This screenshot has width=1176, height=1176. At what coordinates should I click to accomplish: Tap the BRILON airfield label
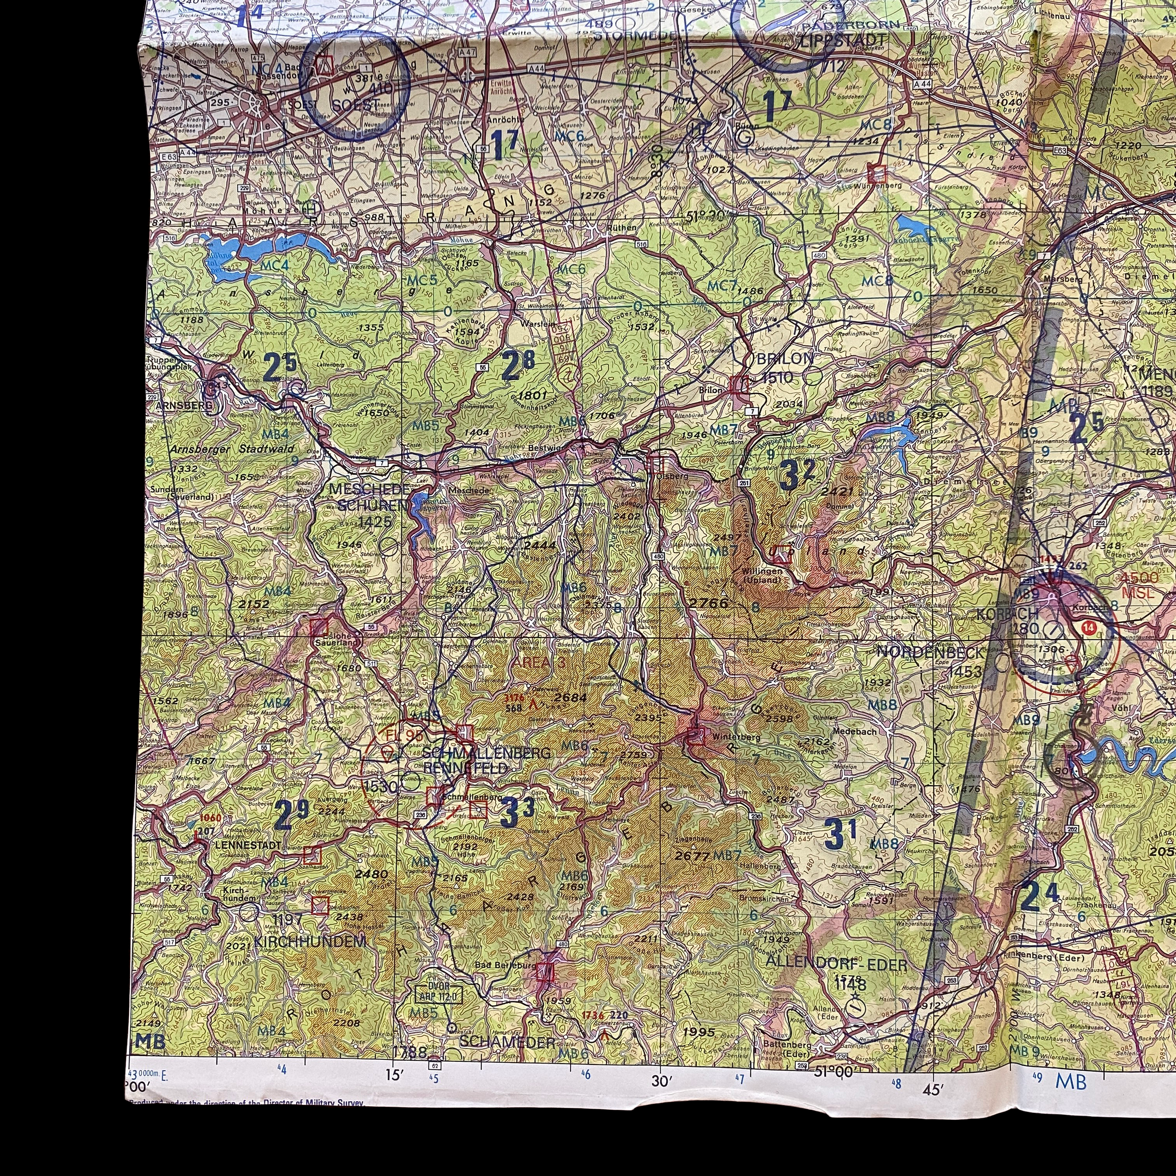tap(785, 358)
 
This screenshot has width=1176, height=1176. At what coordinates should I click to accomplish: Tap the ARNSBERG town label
tap(184, 405)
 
